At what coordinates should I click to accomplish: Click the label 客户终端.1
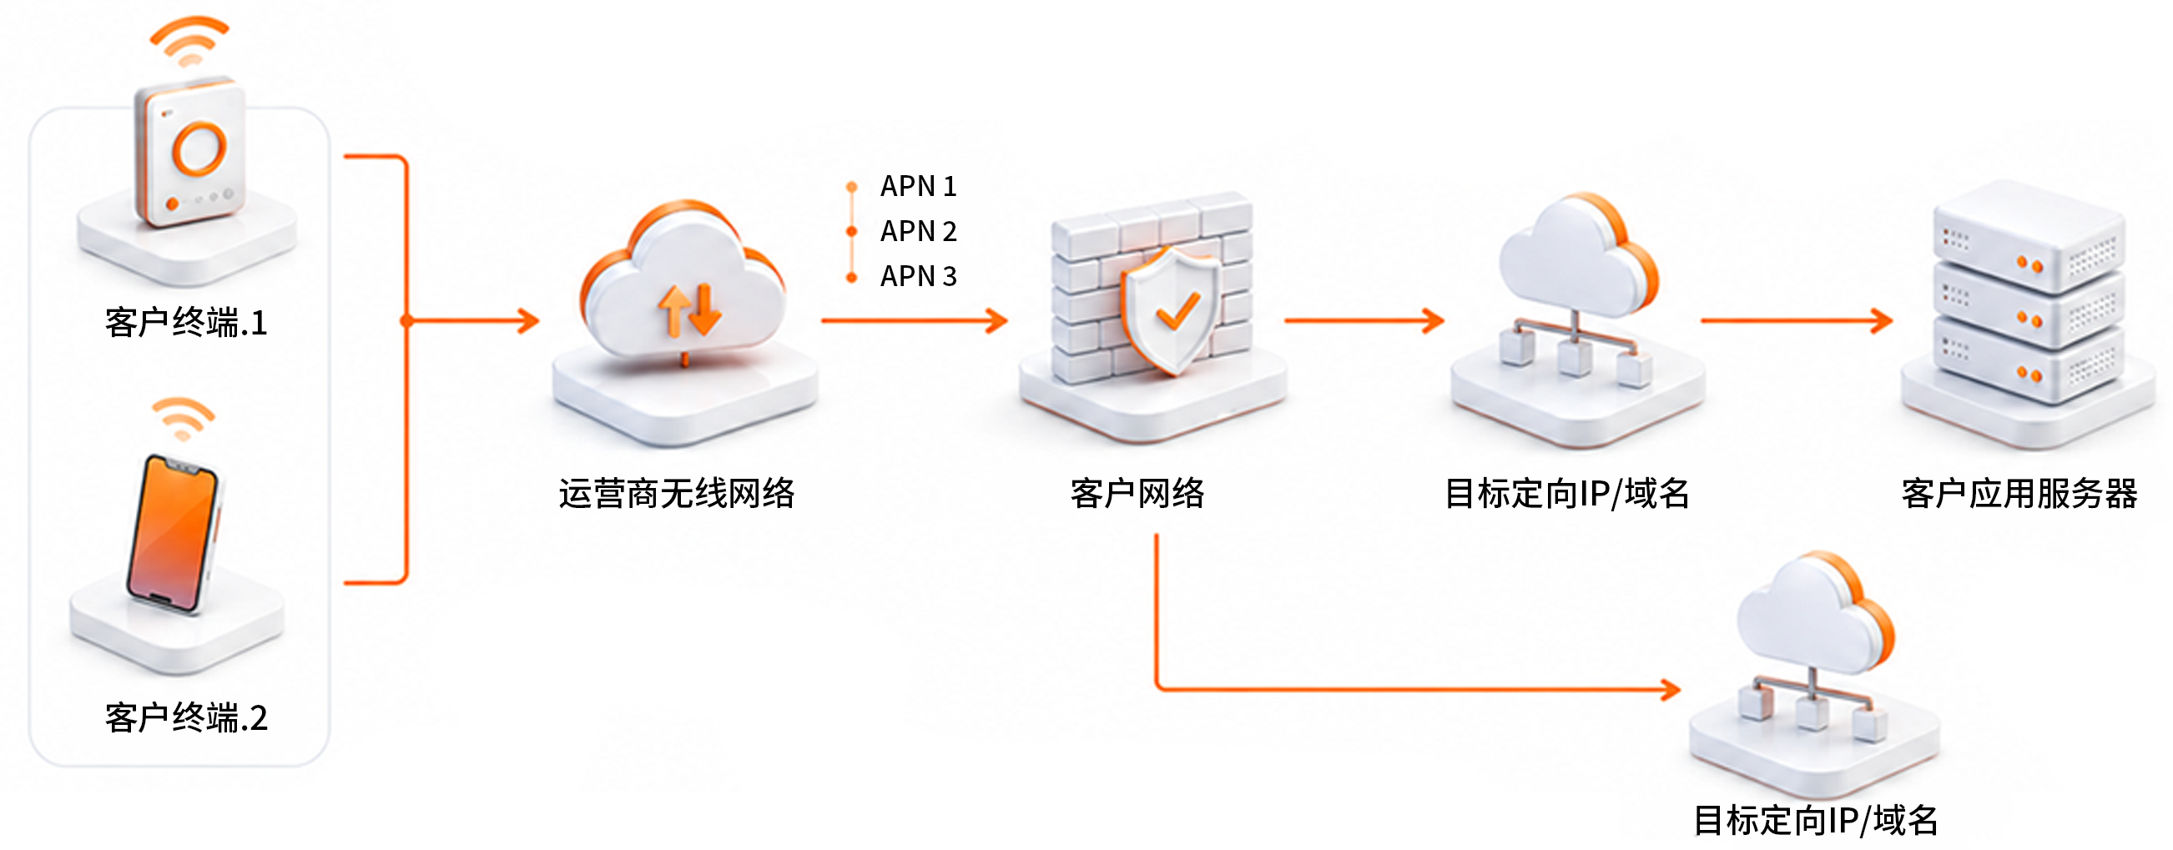pos(186,323)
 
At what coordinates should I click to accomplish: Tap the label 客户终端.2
pos(186,717)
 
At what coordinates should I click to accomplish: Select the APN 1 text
pos(919,186)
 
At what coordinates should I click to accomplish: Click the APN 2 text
pos(919,231)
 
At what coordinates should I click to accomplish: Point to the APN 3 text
pos(919,277)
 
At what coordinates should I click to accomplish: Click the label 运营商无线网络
pos(677,494)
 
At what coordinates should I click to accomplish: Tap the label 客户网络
pos(1137,494)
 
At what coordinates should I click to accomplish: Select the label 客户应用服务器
pos(2019,494)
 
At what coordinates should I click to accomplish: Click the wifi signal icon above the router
pos(189,41)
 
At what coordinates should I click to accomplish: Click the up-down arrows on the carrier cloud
pos(690,310)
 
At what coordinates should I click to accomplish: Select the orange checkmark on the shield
pos(1177,310)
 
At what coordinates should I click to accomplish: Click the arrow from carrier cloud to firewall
pos(915,320)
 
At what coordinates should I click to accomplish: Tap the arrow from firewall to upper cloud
pos(1365,320)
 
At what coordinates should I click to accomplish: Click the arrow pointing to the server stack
pos(1797,320)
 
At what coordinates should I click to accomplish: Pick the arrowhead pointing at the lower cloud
pos(1671,690)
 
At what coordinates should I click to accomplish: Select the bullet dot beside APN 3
pos(852,278)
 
